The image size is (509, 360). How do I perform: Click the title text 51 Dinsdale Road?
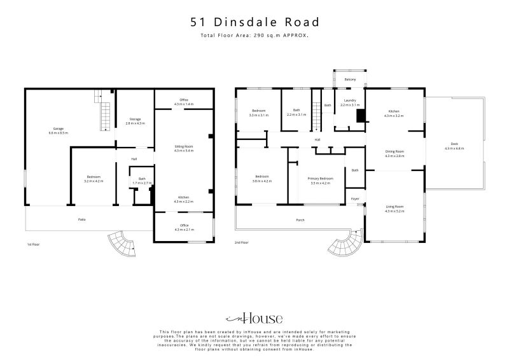254,22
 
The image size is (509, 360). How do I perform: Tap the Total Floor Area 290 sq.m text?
254,36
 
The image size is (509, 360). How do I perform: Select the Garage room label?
58,130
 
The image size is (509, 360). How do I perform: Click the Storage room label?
135,121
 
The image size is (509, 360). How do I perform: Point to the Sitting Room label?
183,148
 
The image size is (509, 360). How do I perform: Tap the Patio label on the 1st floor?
82,219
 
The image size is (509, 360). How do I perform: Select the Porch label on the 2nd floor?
300,220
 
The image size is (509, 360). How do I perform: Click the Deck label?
454,146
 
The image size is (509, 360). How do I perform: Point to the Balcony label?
350,79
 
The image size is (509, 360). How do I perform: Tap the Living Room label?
394,208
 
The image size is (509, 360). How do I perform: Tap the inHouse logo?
254,319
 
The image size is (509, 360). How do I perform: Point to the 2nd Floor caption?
241,243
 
